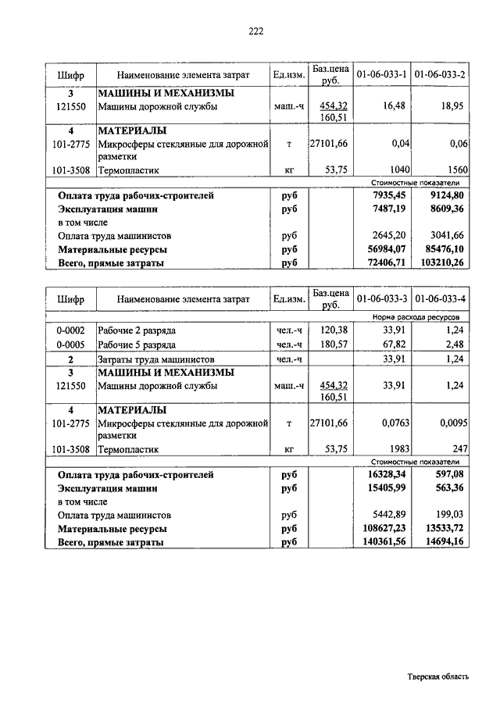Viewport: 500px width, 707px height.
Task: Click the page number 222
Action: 256,31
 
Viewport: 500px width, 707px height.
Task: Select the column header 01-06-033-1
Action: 382,74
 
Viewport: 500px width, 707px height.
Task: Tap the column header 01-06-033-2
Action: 440,74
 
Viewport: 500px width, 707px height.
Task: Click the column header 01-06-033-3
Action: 382,298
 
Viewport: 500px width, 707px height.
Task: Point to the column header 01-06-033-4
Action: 440,298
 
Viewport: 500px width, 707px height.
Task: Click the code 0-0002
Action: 70,330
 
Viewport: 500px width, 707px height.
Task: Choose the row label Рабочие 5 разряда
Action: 137,343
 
